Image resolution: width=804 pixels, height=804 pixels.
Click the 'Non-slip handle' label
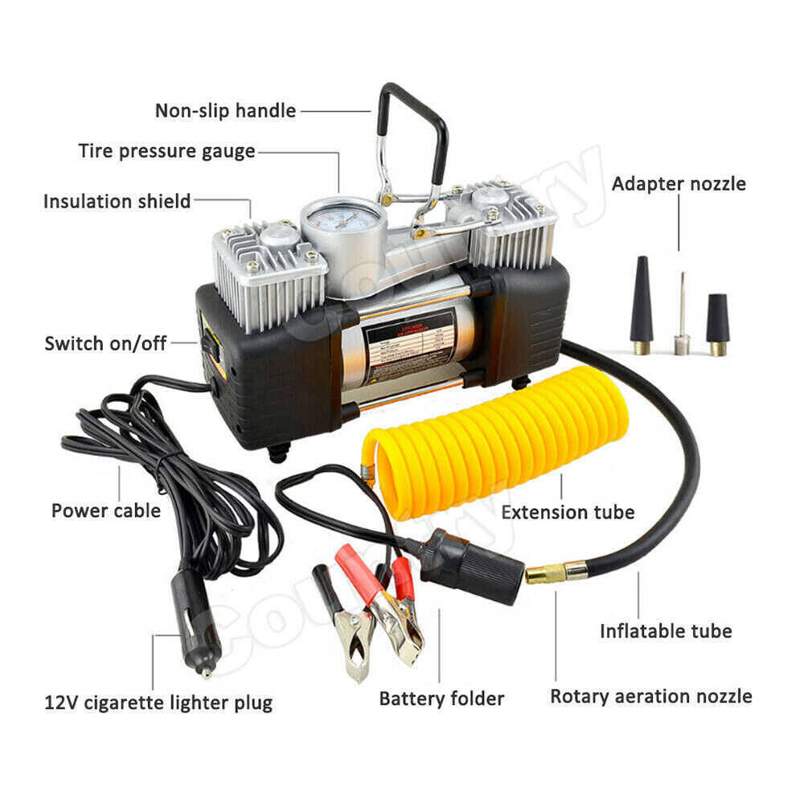(225, 110)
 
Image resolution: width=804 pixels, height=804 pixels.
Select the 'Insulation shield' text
(117, 201)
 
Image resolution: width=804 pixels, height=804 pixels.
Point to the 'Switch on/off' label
(105, 343)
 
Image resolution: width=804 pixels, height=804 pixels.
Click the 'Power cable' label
(105, 511)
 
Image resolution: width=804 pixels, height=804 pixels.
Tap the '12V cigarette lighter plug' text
(158, 703)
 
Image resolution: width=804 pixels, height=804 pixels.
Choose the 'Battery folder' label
(441, 699)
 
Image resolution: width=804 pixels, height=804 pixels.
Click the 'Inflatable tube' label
(666, 631)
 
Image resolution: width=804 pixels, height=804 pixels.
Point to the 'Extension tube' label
(568, 511)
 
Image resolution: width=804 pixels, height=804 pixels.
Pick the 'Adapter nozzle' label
(679, 183)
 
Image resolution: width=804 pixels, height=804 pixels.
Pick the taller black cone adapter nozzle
(642, 301)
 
